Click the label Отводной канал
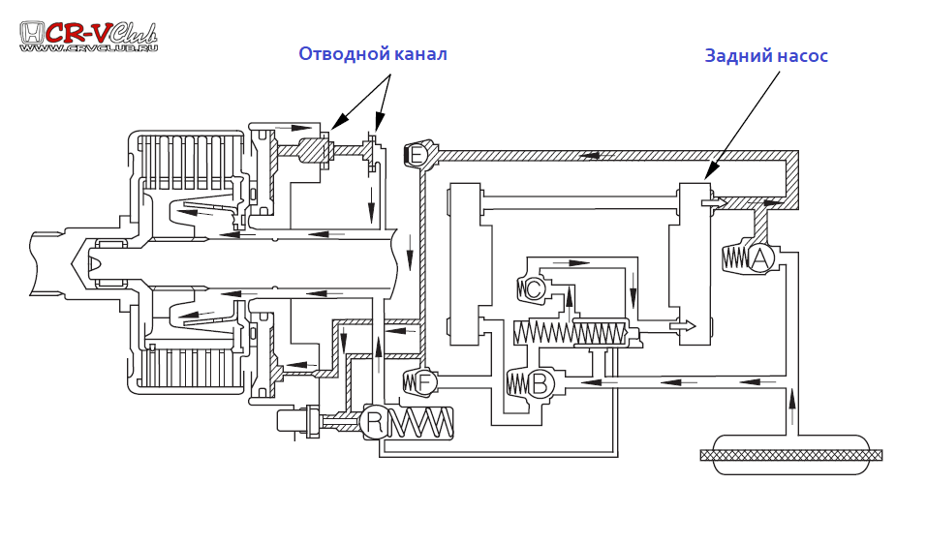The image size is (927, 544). click(x=372, y=54)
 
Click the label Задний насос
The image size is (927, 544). click(x=765, y=56)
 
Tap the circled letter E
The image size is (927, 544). click(x=417, y=155)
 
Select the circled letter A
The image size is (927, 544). click(x=760, y=258)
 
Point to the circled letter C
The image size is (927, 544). click(x=533, y=288)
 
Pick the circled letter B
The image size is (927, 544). click(x=540, y=384)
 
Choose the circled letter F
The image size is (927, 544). click(x=424, y=382)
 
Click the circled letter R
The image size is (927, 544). click(x=374, y=422)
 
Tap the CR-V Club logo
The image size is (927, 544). click(x=88, y=34)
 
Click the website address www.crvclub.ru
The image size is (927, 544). click(x=88, y=47)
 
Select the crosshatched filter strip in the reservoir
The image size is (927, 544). click(x=790, y=455)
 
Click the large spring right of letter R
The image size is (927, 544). click(x=421, y=422)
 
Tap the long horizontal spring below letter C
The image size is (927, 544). click(x=571, y=333)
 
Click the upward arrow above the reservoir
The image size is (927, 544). click(x=791, y=399)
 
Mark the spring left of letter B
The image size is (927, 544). click(x=516, y=384)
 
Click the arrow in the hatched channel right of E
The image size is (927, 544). click(x=588, y=155)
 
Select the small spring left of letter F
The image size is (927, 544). click(x=410, y=383)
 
